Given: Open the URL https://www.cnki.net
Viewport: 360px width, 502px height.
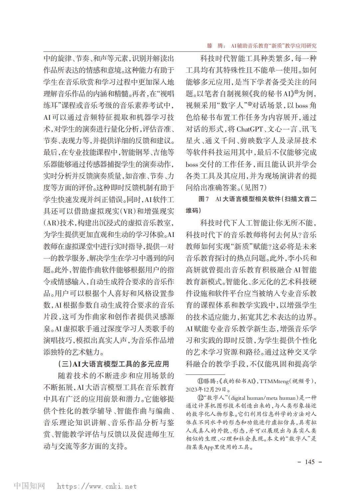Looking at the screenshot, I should point(97,486).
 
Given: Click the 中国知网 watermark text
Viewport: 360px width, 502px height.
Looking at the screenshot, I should point(29,486).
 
